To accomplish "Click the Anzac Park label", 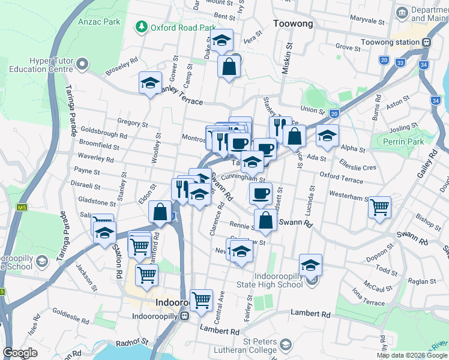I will click(x=99, y=22).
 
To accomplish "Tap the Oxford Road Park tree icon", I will click(x=142, y=27).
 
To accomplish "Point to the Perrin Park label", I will click(x=406, y=142).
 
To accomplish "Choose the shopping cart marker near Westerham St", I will click(x=379, y=208).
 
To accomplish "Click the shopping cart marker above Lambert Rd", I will click(x=201, y=299).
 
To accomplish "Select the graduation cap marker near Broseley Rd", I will click(x=150, y=83).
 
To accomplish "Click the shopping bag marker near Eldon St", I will click(x=160, y=212).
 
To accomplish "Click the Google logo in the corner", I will click(x=20, y=353).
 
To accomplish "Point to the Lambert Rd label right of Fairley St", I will click(x=310, y=313).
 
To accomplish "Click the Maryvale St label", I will click(x=369, y=21).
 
